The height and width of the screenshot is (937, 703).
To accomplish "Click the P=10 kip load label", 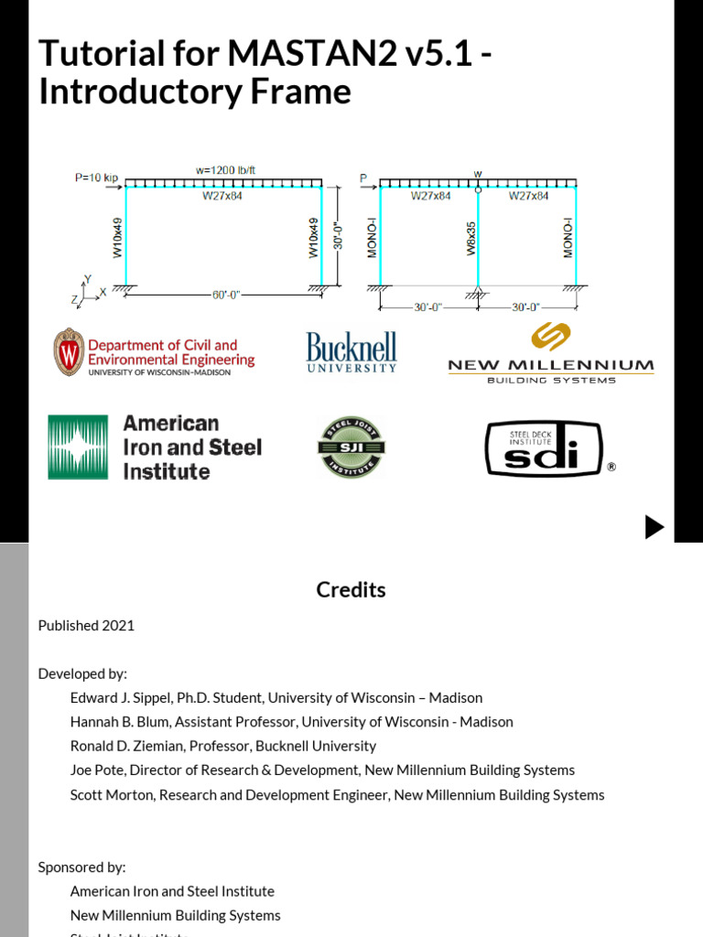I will click(x=96, y=178).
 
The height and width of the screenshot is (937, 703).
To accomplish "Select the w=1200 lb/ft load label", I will click(x=224, y=170).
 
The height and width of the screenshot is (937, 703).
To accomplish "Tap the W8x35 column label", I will click(x=471, y=236).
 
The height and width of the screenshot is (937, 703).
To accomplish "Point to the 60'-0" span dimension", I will click(x=224, y=295).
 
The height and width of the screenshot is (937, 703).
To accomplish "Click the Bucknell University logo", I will click(x=351, y=352).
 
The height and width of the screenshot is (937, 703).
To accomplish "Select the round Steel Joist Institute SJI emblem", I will click(x=351, y=447).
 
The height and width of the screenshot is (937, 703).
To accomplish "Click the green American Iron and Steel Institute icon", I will click(x=78, y=447).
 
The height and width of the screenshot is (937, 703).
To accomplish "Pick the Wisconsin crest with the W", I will click(x=69, y=352).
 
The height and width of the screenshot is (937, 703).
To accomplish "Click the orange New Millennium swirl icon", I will click(x=551, y=337).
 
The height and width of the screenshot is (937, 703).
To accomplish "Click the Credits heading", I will click(x=351, y=590).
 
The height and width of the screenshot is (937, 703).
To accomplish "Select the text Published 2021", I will click(x=86, y=626).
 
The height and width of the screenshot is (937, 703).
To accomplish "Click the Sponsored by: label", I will click(x=81, y=867).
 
